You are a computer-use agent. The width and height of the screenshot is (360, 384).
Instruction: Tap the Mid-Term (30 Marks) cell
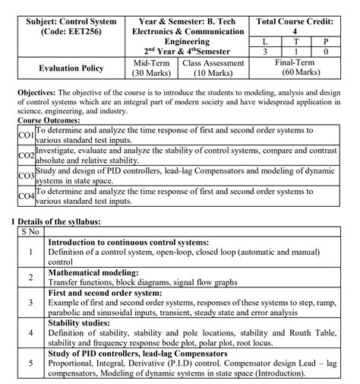pyautogui.click(x=150, y=68)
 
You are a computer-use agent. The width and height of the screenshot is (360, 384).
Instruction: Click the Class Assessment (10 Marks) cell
pyautogui.click(x=214, y=68)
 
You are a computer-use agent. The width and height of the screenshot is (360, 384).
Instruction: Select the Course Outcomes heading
pyautogui.click(x=51, y=120)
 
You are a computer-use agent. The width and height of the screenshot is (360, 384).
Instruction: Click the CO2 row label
pyautogui.click(x=25, y=155)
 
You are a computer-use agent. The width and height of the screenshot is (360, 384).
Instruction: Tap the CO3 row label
pyautogui.click(x=25, y=176)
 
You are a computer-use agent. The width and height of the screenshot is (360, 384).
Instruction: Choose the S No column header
pyautogui.click(x=30, y=231)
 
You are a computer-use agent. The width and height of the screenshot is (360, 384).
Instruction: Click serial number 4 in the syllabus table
pyautogui.click(x=30, y=332)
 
